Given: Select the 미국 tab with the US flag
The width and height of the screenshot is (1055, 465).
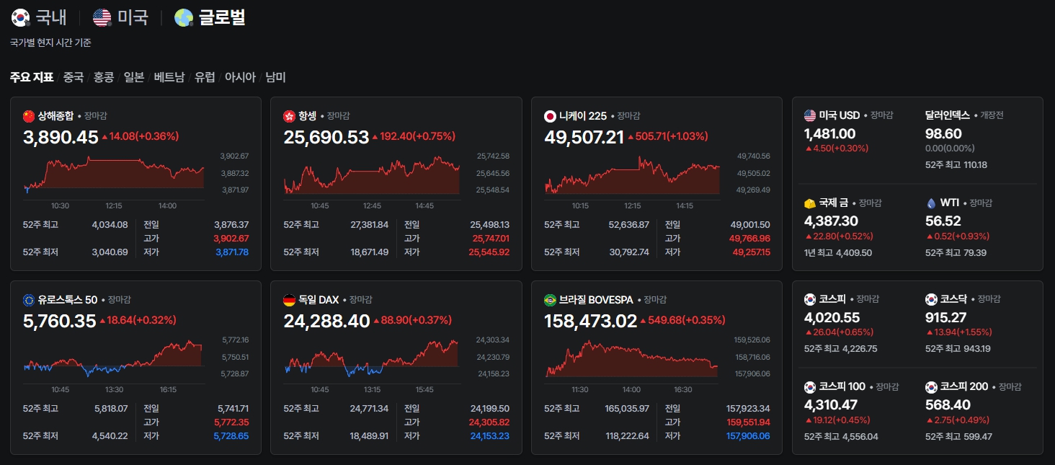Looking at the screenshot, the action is (120, 17).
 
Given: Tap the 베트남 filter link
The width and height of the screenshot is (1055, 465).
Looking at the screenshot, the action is (169, 77).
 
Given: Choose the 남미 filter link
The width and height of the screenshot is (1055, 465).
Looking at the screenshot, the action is (275, 77).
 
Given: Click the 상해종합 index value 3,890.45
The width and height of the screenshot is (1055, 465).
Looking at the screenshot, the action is (61, 137).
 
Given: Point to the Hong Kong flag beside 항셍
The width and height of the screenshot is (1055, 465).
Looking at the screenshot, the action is (289, 116).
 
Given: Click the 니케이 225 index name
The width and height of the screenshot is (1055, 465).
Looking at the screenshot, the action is (583, 116).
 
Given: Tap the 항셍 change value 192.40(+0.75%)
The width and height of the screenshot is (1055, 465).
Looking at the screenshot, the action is (414, 136).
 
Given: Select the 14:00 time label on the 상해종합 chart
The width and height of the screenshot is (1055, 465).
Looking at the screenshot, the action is (167, 205).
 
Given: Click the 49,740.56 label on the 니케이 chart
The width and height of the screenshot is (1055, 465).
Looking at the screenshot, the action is (754, 156).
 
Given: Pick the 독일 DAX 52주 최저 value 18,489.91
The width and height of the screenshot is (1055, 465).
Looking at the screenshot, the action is (369, 435).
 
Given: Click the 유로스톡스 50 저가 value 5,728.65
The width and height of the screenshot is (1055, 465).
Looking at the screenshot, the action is (231, 435).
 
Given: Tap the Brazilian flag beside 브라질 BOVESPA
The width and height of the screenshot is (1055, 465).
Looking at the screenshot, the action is (550, 300).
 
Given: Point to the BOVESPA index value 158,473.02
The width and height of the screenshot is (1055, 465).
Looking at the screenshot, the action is (591, 321).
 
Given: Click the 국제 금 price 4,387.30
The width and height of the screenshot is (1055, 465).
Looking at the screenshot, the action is (832, 221).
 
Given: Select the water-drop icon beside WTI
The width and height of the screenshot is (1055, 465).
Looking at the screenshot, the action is (931, 203).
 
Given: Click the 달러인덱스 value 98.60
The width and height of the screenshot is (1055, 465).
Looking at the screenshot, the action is (943, 134).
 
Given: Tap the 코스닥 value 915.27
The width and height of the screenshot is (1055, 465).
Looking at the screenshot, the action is (945, 317).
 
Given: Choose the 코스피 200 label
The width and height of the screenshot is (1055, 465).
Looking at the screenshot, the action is (964, 386).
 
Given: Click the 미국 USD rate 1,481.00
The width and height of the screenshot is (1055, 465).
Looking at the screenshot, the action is (830, 134).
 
